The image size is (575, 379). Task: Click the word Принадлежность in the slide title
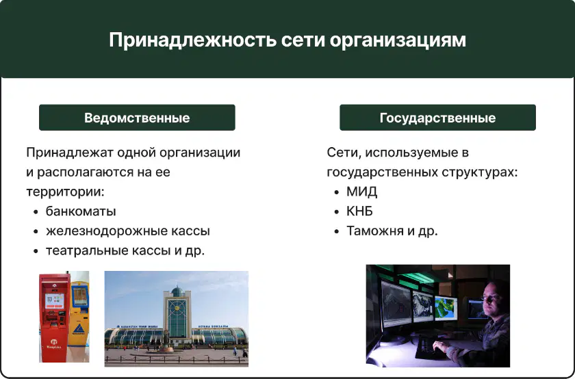click(x=192, y=40)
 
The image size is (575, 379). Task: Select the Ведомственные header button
click(x=137, y=118)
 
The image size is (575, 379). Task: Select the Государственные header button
click(x=437, y=118)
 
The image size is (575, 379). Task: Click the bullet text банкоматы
click(x=81, y=211)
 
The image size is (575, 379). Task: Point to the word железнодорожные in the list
click(x=106, y=231)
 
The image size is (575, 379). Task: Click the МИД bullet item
click(x=361, y=192)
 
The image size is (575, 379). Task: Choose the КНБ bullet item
click(x=359, y=211)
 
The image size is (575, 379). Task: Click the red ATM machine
click(x=55, y=317)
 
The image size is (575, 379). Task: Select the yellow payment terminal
click(x=79, y=313)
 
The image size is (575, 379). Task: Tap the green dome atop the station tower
click(x=177, y=291)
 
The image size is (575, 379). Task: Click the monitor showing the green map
click(x=446, y=309)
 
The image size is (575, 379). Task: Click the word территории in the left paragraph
click(x=65, y=192)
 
